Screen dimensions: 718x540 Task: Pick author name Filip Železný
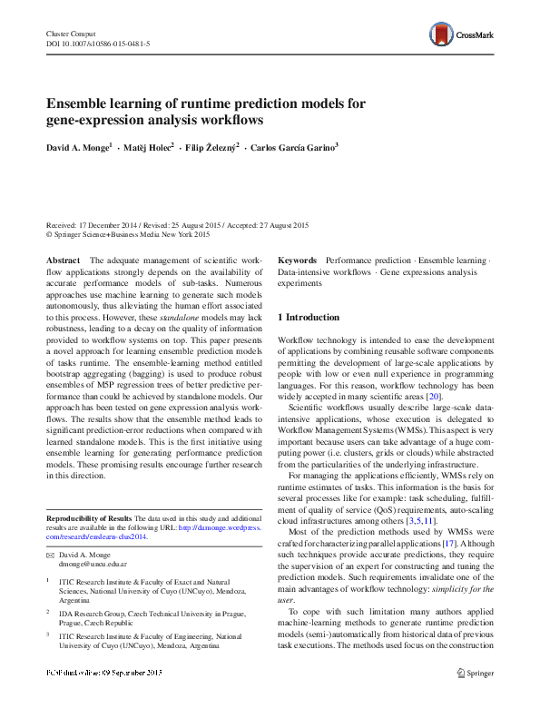pos(212,145)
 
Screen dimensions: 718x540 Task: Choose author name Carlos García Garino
pos(293,145)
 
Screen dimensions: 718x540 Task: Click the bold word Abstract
pos(63,260)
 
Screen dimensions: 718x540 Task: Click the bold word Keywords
pos(297,260)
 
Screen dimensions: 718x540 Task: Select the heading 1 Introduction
pos(309,318)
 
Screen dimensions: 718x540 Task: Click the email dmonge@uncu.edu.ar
pos(93,563)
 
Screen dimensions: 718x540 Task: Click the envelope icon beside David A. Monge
pos(51,553)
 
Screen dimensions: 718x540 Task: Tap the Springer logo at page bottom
pos(474,698)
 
